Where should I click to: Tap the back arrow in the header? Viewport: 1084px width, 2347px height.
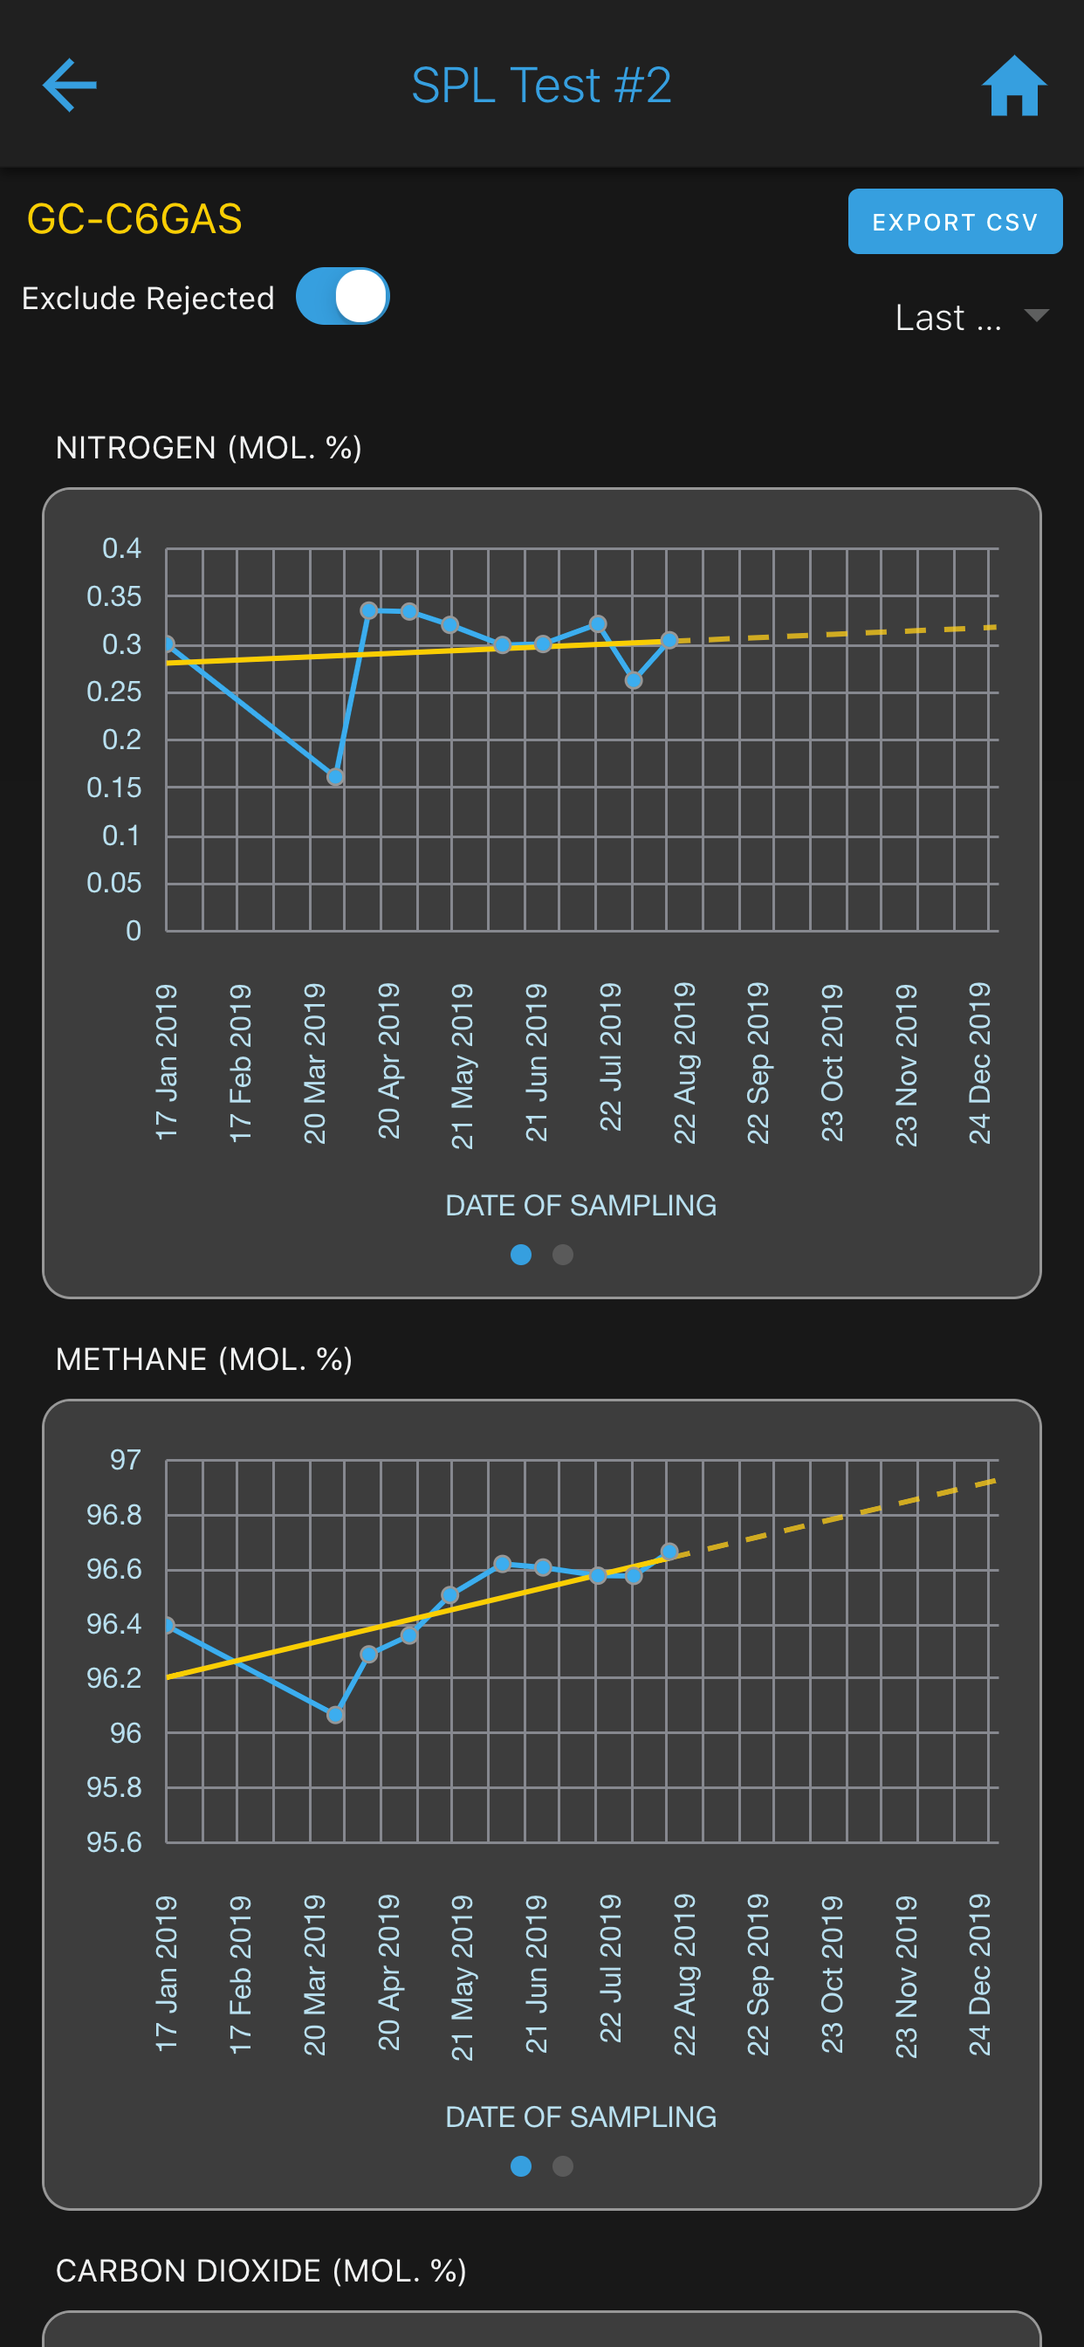[69, 85]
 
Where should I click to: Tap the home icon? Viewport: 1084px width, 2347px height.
[1014, 86]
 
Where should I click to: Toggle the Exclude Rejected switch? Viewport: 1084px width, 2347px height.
[342, 296]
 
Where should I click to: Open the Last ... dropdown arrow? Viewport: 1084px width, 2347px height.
[1036, 315]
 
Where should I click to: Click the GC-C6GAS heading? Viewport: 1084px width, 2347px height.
[134, 218]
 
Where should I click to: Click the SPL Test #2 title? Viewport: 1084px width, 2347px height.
[541, 86]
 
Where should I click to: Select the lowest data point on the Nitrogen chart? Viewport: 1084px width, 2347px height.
[335, 776]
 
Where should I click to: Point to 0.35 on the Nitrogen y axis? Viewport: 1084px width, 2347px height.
[113, 595]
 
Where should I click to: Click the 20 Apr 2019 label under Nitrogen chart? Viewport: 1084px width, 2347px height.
[389, 1061]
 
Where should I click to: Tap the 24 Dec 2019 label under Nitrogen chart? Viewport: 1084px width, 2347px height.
[979, 1063]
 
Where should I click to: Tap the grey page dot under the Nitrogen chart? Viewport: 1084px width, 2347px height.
[563, 1255]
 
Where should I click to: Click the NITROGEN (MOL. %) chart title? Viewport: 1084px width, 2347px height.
[209, 448]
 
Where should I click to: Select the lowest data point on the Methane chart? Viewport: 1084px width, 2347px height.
[335, 1715]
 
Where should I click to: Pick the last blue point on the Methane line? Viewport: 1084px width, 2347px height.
[669, 1551]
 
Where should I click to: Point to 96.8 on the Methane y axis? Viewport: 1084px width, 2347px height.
[113, 1514]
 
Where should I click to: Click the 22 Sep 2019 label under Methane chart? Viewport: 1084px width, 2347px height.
[758, 1974]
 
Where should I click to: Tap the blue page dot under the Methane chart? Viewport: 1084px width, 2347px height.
[521, 2165]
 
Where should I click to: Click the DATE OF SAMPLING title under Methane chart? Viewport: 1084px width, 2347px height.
[581, 2116]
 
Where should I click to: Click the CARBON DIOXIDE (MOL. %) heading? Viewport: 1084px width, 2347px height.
[262, 2270]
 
